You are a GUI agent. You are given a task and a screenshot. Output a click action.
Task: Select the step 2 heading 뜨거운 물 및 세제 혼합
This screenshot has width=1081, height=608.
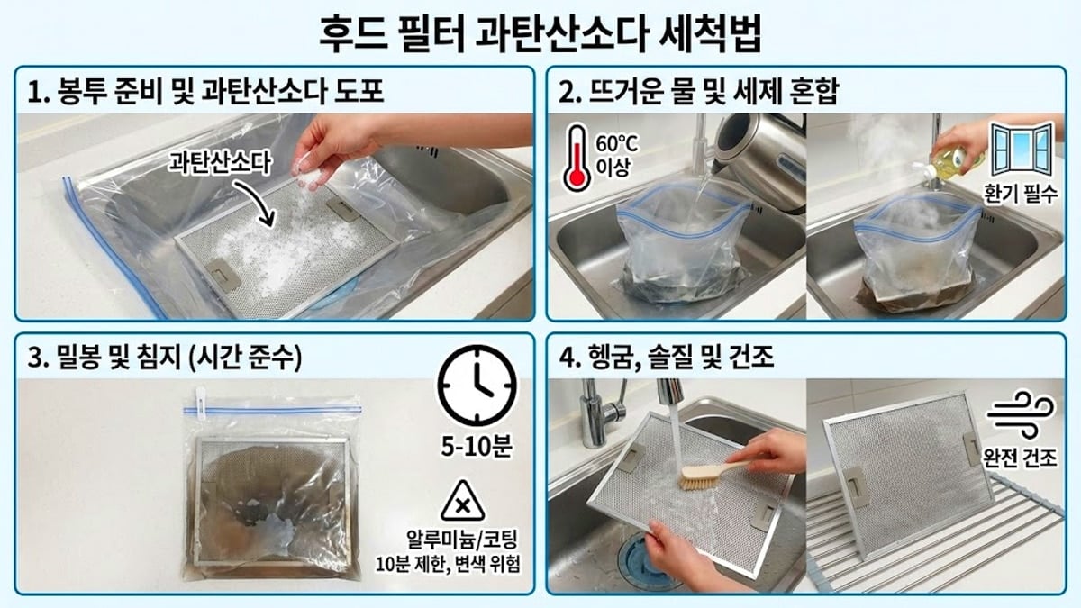click(x=698, y=91)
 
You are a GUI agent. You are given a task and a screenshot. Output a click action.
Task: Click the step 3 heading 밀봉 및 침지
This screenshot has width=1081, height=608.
click(x=166, y=358)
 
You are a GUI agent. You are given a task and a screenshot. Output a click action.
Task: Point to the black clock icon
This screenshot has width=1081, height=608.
click(x=477, y=385)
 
